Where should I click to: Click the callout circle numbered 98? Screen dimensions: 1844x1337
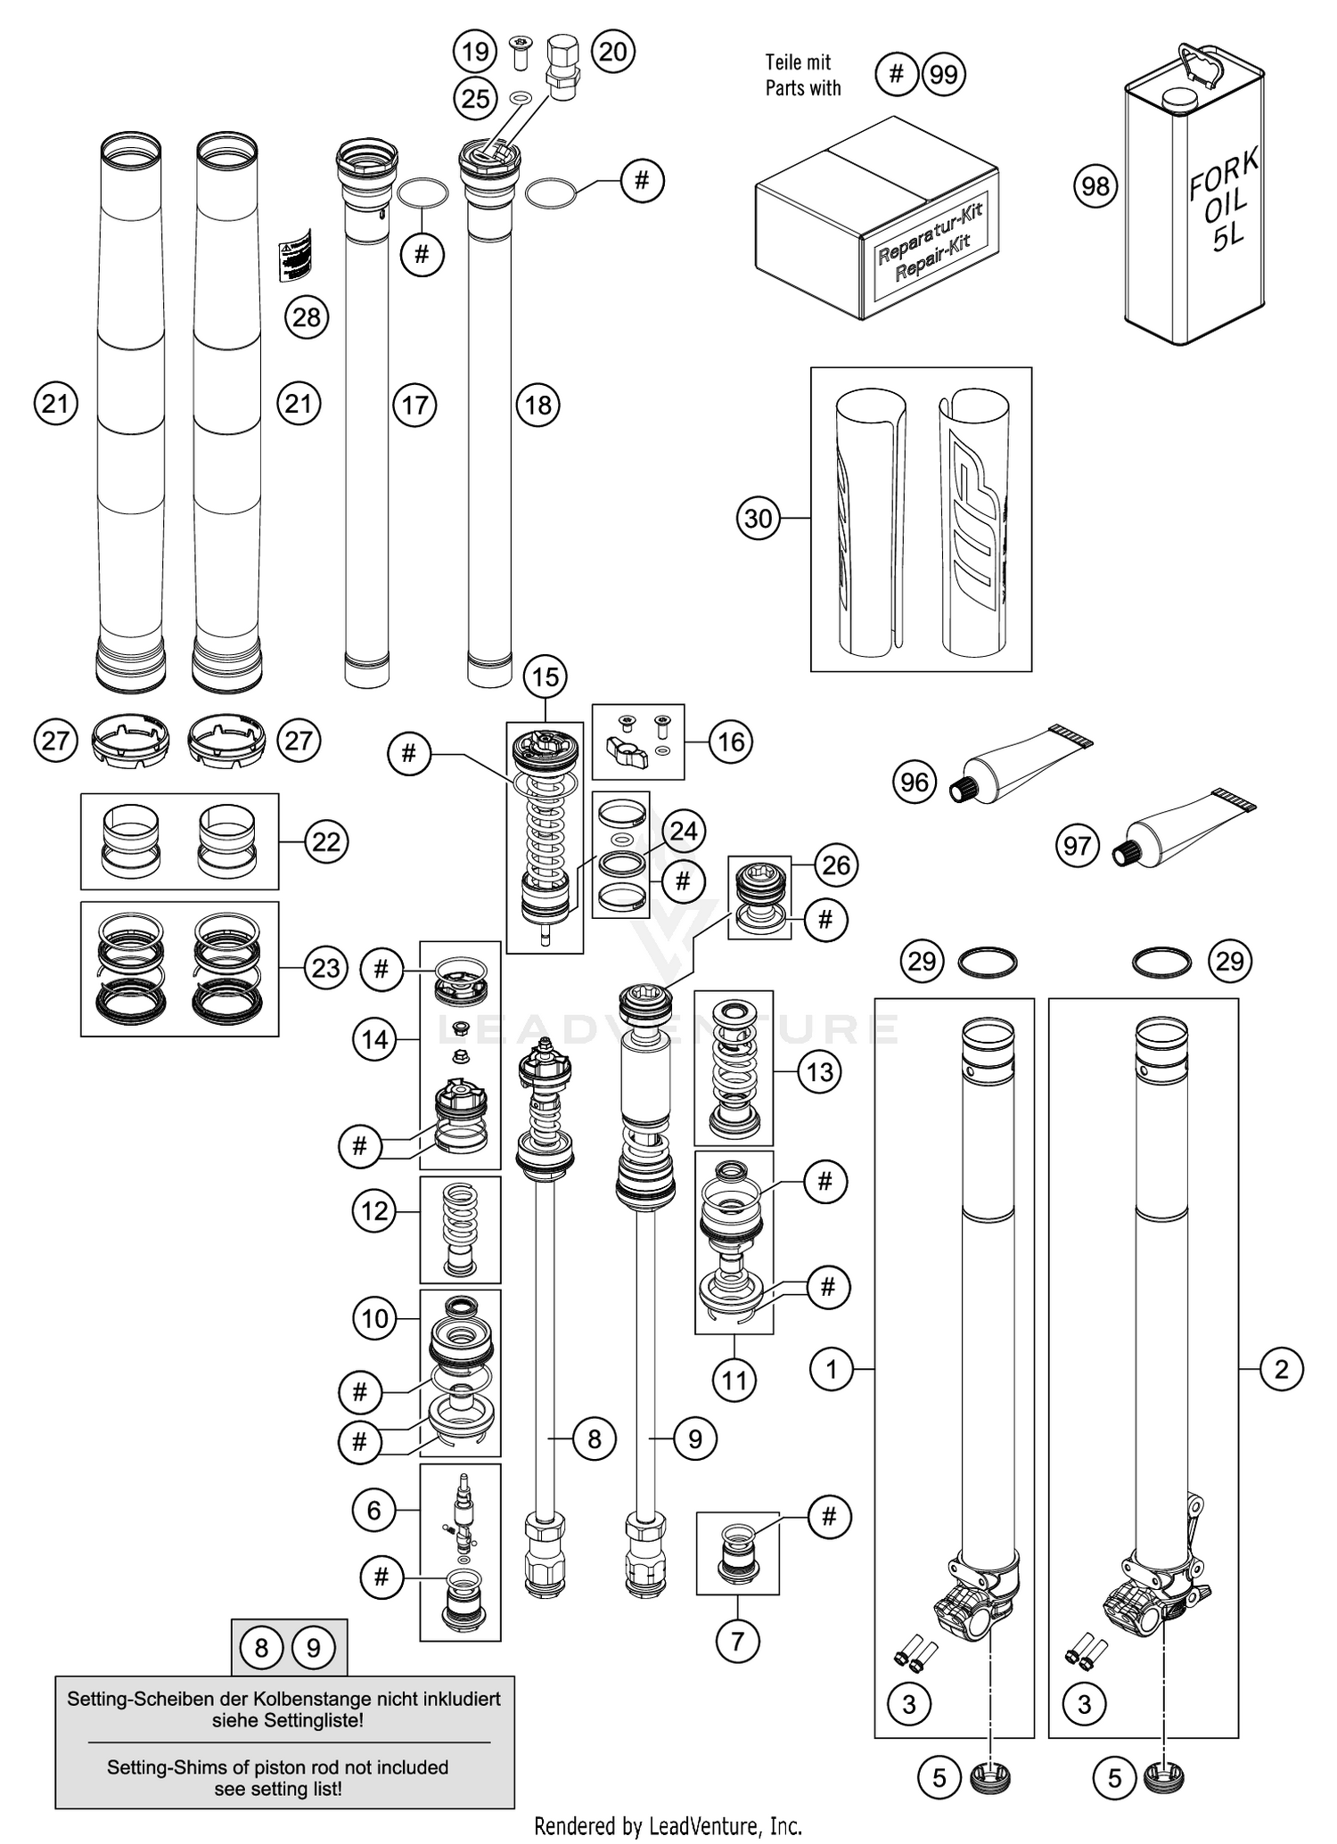(x=1095, y=186)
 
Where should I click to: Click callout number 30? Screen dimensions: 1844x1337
(x=759, y=518)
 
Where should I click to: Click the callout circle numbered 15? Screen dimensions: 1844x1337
(x=545, y=676)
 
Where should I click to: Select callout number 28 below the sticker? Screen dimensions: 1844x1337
(x=307, y=316)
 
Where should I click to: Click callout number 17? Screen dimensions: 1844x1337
(x=414, y=406)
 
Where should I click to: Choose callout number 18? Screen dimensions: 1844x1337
(x=538, y=406)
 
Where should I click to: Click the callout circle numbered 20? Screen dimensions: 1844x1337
(x=613, y=52)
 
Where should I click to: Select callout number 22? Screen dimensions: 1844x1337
(x=326, y=841)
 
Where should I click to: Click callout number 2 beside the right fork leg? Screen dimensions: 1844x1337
(x=1282, y=1369)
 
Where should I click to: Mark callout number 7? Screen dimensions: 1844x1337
(x=737, y=1641)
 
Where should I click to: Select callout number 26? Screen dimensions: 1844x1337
(x=836, y=865)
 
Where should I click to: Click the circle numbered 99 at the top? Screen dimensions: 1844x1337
(x=944, y=74)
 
